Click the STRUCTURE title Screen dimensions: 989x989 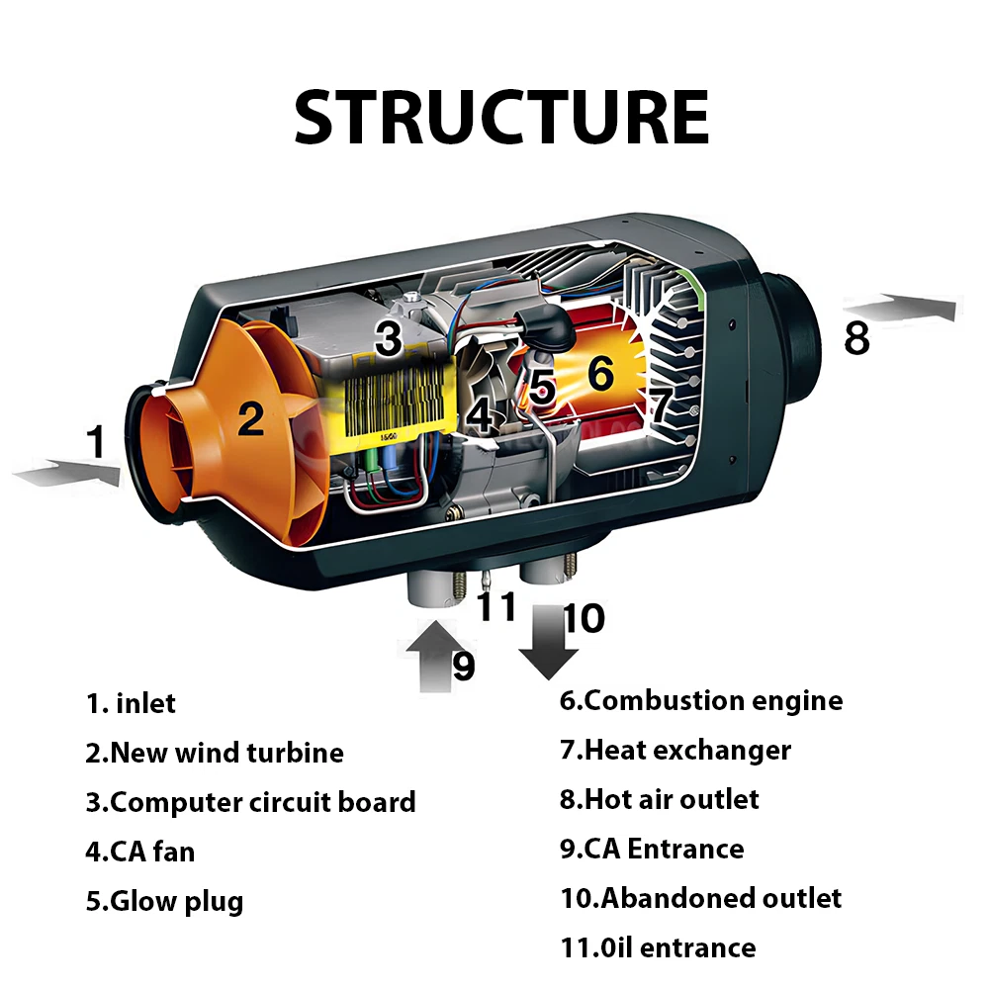(501, 118)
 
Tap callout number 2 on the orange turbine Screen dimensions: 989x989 (251, 419)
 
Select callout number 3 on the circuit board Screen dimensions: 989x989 (388, 340)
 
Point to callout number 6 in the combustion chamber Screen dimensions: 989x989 (600, 374)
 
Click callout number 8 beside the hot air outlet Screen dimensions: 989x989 (856, 338)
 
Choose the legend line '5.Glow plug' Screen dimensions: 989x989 (163, 901)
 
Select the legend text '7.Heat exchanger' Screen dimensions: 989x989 (675, 750)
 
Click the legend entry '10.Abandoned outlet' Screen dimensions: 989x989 (700, 898)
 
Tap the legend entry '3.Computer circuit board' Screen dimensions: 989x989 (250, 802)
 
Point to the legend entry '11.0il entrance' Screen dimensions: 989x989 (658, 947)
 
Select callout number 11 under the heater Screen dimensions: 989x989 (497, 605)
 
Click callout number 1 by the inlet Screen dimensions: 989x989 (96, 442)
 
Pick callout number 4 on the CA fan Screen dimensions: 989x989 (481, 416)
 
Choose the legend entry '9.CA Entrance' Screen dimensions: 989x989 (652, 849)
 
